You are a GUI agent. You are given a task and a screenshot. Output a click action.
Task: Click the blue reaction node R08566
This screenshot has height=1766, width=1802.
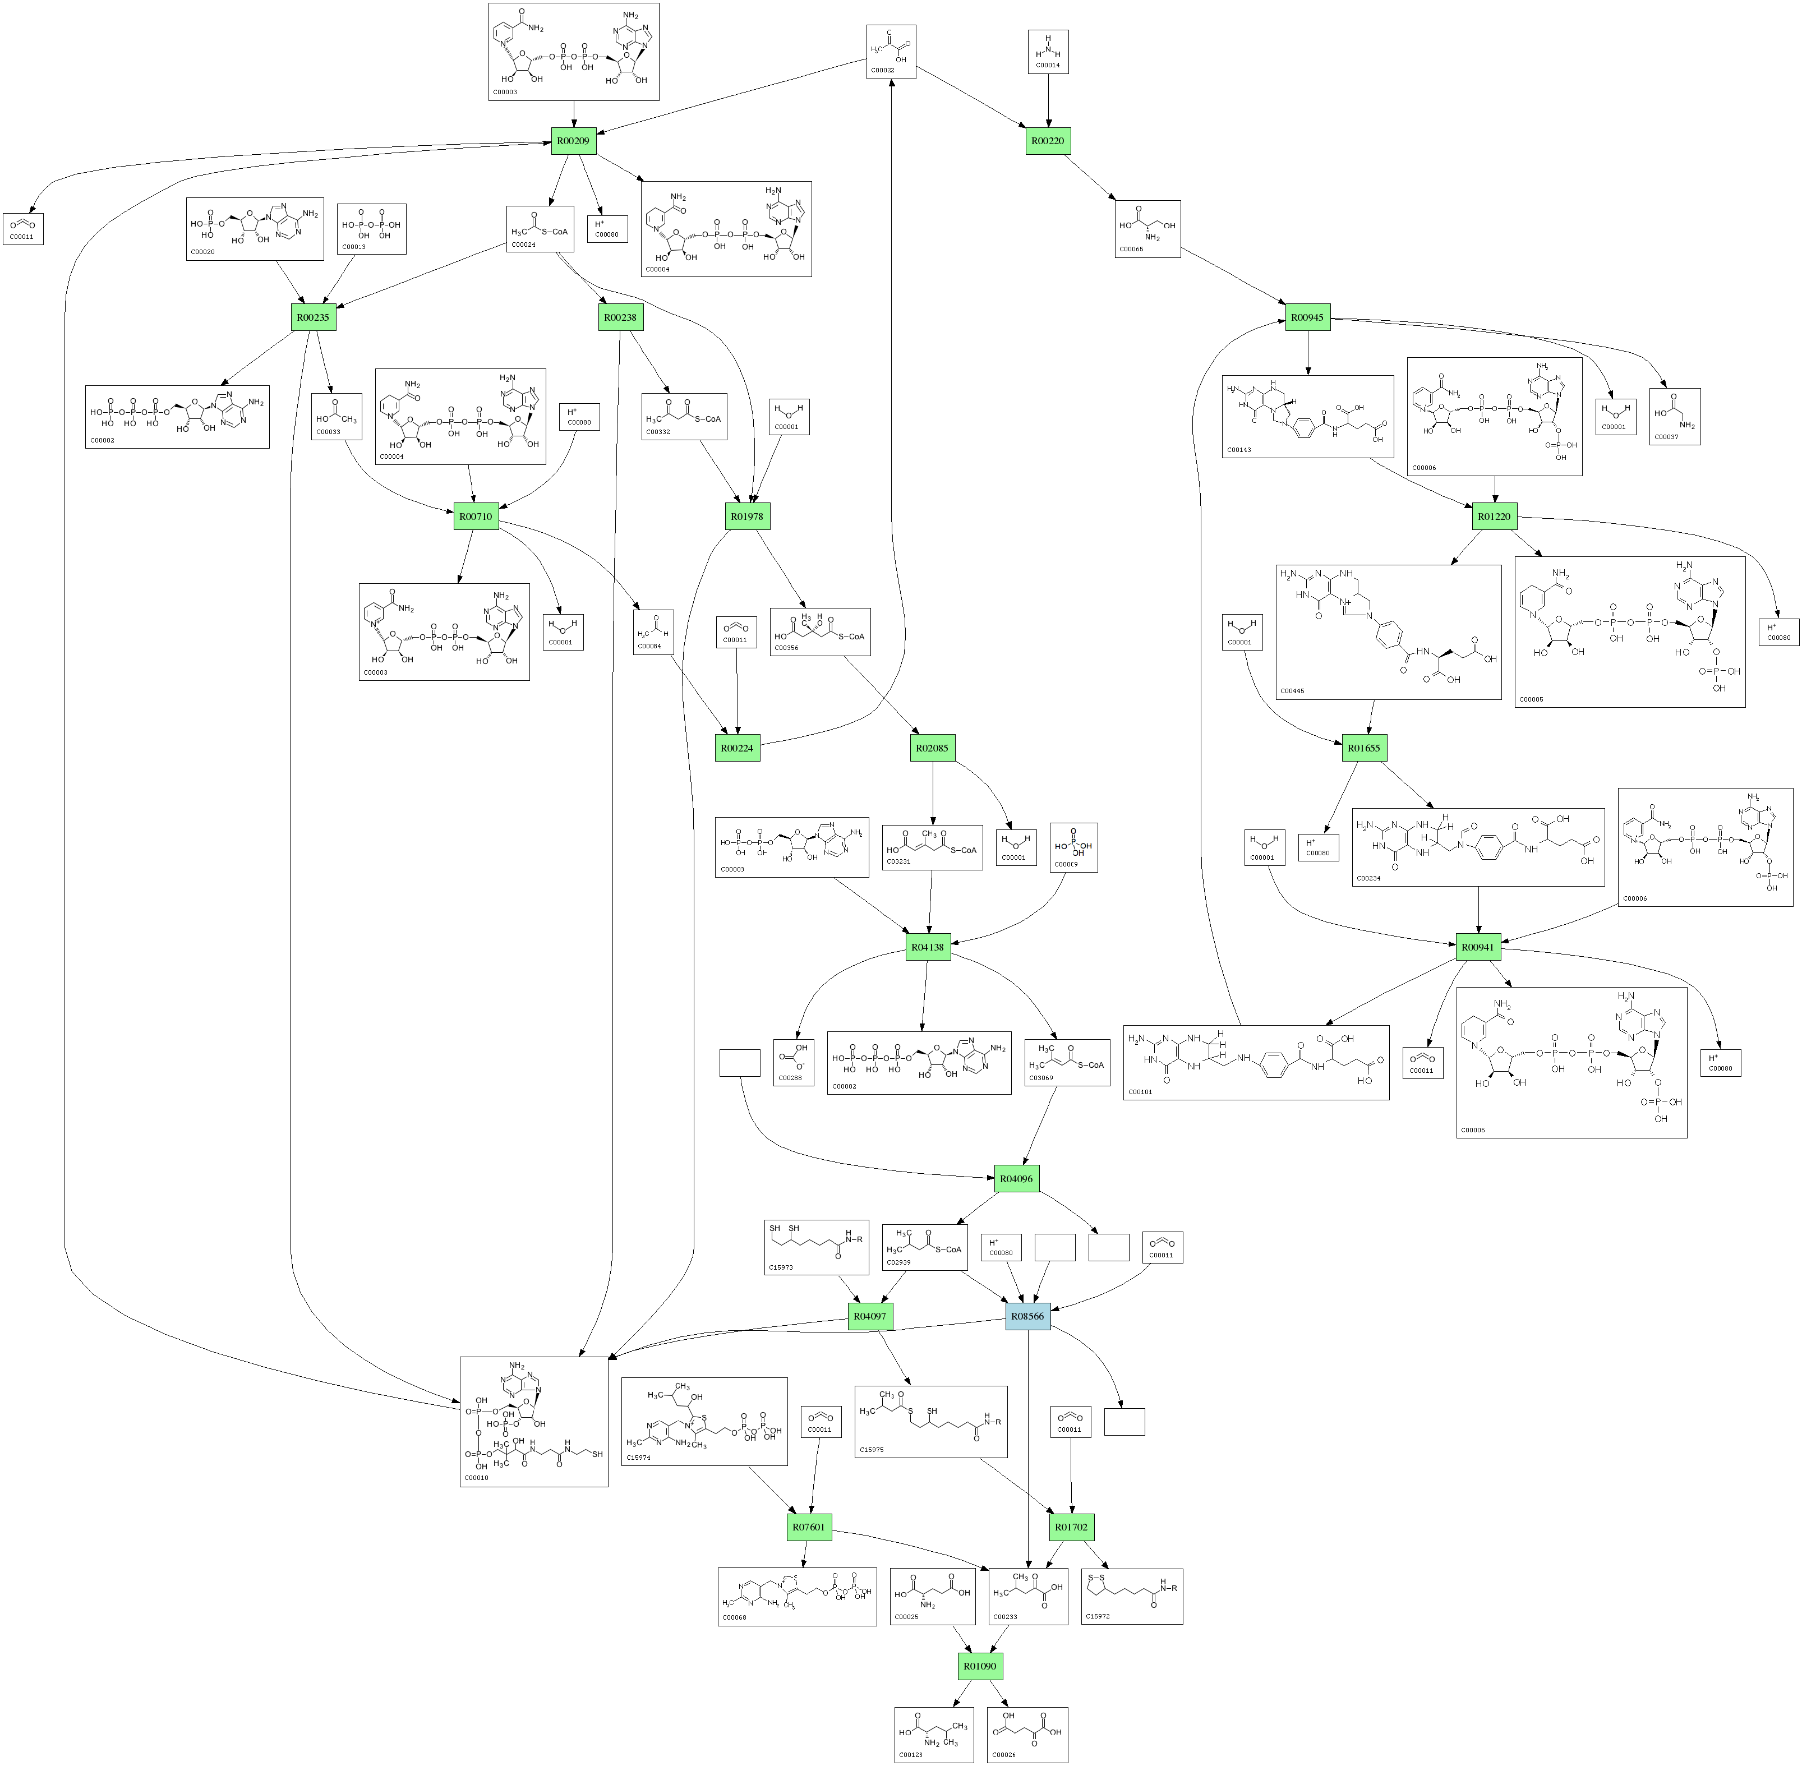[1027, 1316]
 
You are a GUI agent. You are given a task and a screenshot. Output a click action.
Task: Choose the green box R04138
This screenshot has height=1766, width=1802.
[928, 947]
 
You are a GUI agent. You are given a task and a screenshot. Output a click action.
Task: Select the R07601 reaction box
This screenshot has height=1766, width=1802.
[809, 1527]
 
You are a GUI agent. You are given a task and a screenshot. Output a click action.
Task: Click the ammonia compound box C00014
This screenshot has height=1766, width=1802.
[1048, 51]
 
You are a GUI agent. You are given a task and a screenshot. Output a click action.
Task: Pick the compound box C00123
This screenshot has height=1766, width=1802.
[934, 1735]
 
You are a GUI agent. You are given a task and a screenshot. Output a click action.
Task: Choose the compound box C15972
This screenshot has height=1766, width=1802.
[1131, 1596]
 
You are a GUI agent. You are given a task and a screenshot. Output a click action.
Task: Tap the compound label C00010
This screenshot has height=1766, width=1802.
[477, 1478]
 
